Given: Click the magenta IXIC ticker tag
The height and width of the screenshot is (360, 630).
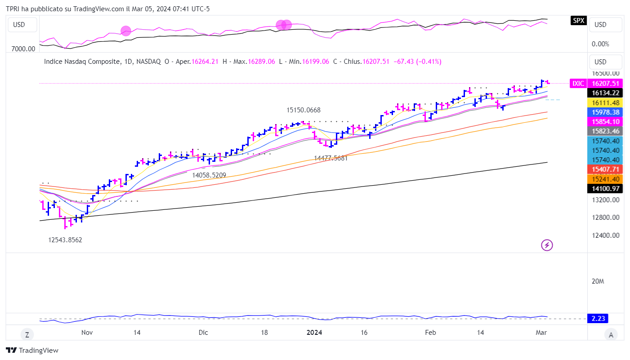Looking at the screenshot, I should (x=578, y=83).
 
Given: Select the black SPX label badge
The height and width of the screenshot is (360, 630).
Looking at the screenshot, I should (x=578, y=20).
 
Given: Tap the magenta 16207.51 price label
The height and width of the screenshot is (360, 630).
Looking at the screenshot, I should (x=605, y=83).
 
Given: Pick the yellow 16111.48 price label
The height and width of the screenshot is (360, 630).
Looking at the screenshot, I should (x=605, y=102).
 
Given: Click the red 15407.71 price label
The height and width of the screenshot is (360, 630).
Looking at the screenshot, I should (x=605, y=169).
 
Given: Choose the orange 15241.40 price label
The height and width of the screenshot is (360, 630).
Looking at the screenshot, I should (x=605, y=179).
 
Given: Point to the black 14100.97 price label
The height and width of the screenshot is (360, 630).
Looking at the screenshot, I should (x=605, y=189).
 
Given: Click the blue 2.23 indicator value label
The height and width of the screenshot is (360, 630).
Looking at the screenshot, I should (x=598, y=319).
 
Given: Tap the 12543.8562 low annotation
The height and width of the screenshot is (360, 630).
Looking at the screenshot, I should (x=65, y=240).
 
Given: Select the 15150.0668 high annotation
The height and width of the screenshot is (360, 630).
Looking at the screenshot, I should (x=304, y=110).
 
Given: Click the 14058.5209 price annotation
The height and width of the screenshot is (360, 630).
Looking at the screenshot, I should (x=209, y=175).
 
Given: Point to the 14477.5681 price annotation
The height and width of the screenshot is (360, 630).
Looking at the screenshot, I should (x=331, y=158).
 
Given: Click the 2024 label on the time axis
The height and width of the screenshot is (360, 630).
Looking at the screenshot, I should (x=314, y=333).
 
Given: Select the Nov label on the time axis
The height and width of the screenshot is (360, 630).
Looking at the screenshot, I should (x=87, y=333).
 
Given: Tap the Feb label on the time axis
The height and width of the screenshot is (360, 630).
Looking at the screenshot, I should (x=430, y=333).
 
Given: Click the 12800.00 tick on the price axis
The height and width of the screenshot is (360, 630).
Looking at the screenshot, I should (x=605, y=218).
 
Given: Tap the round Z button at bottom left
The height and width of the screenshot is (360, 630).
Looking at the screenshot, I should (x=27, y=334).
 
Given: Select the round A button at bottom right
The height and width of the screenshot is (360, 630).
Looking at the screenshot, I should (x=611, y=334).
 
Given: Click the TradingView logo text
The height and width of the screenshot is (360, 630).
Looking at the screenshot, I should (x=32, y=351).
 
